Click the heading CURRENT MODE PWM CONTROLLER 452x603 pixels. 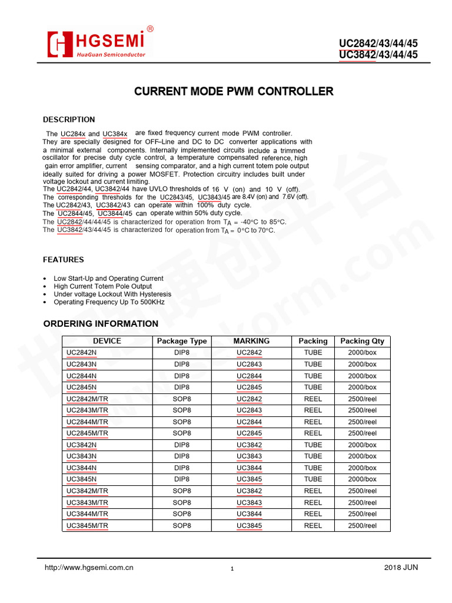coord(234,91)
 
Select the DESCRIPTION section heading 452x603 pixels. coord(69,120)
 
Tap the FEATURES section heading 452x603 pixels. coord(64,260)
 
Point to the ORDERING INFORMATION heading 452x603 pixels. coord(101,324)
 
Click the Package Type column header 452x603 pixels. coord(182,341)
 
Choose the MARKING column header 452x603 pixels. coord(251,341)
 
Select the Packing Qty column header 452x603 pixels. coord(362,341)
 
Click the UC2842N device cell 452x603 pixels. coord(82,353)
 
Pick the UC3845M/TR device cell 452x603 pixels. coord(87,525)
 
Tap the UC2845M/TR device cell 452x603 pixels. coord(87,433)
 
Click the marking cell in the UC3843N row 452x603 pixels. coord(250,456)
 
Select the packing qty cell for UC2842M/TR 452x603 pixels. coord(362,399)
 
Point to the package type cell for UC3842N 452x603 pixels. coord(182,445)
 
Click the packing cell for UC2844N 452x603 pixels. coord(313,376)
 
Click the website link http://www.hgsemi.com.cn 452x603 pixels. coord(89,568)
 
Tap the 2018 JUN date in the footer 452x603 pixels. coord(401,568)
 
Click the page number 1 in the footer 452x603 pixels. coord(232,569)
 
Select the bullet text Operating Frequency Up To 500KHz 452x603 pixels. coord(109,302)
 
